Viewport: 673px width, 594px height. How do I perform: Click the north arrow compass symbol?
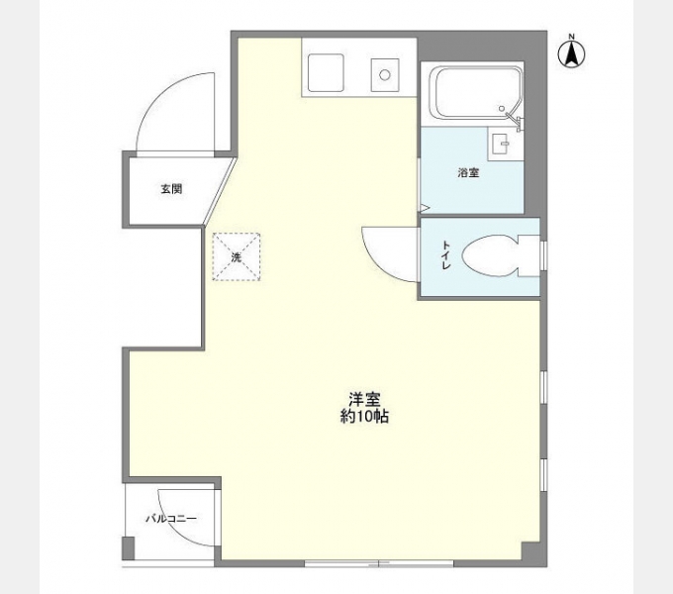571,53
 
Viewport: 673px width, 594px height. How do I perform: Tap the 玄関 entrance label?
171,188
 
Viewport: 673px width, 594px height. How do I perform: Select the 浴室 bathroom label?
468,173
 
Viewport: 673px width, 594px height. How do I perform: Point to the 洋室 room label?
364,400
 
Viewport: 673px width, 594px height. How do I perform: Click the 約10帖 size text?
364,419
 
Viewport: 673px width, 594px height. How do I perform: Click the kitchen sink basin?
327,71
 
